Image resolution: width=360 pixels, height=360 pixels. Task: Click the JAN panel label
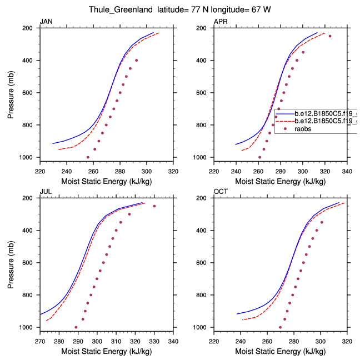(x=46, y=21)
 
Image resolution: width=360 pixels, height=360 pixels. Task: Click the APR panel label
(x=221, y=21)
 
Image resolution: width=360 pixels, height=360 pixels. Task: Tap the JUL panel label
(x=45, y=192)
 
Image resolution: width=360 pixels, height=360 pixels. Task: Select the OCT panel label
(x=221, y=192)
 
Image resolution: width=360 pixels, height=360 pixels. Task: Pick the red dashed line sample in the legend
(x=284, y=121)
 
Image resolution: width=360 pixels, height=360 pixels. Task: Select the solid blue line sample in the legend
(x=284, y=113)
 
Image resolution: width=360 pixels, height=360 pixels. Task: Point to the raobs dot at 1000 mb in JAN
(x=88, y=157)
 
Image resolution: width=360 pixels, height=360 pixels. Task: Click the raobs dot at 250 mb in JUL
(x=154, y=206)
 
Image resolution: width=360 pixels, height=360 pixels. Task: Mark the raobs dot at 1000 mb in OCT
(x=280, y=327)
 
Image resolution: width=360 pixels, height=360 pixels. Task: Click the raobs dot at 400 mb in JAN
(x=136, y=60)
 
